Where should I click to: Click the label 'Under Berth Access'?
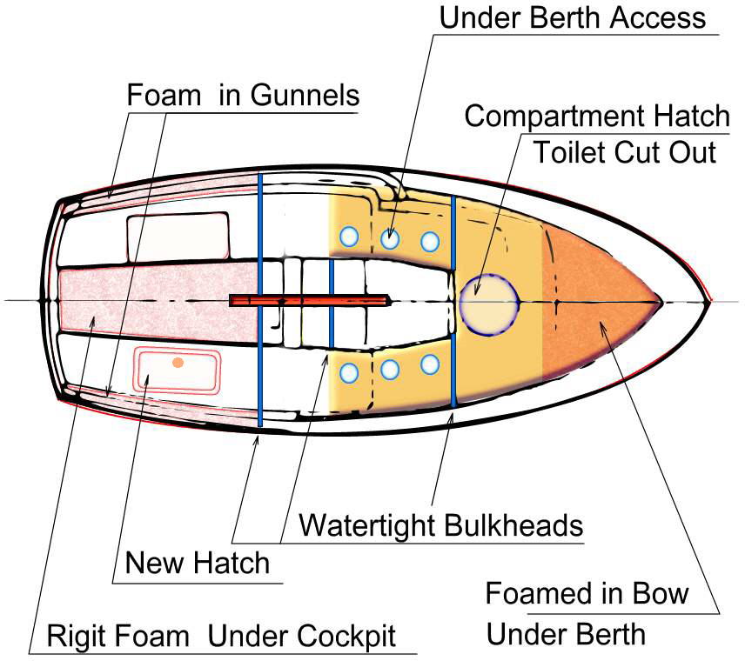(x=572, y=17)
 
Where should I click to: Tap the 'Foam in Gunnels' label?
(x=243, y=94)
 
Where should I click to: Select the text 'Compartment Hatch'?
(x=597, y=116)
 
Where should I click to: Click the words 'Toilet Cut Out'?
(x=624, y=152)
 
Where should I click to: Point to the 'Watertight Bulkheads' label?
(x=440, y=525)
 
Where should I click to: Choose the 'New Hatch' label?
(x=197, y=563)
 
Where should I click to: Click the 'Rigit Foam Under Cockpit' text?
(x=221, y=636)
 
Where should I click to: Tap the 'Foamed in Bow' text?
(x=587, y=594)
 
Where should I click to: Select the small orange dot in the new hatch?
(x=178, y=363)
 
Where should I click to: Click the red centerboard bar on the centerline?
(x=309, y=300)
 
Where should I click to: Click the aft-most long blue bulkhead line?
(x=260, y=300)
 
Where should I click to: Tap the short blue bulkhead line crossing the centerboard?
(x=331, y=300)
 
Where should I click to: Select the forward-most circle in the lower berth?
(x=429, y=364)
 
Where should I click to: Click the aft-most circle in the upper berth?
(x=350, y=236)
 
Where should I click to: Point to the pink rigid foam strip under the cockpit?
(x=157, y=301)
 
